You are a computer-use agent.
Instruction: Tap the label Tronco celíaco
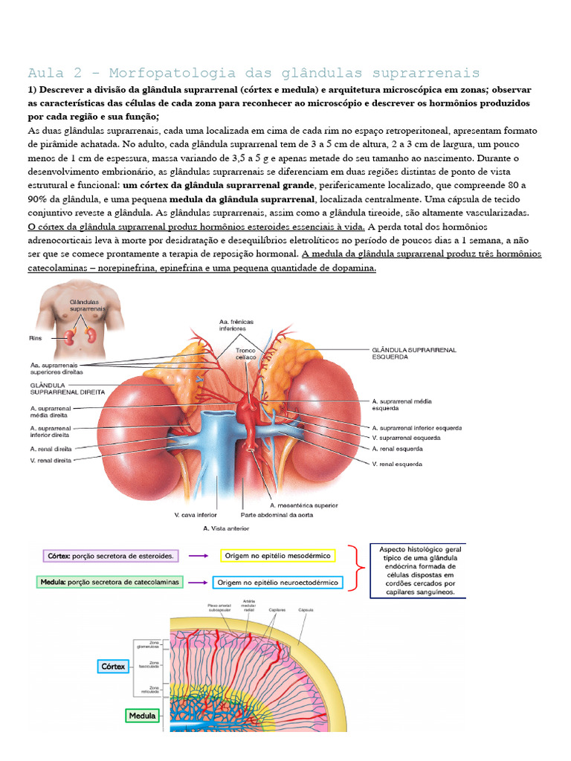pyautogui.click(x=245, y=353)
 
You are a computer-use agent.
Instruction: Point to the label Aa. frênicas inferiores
pyautogui.click(x=236, y=326)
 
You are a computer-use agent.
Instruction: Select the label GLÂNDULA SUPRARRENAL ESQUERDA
pyautogui.click(x=413, y=352)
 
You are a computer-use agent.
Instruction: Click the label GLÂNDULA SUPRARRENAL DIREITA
pyautogui.click(x=68, y=388)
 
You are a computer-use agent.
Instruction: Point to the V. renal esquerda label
pyautogui.click(x=397, y=464)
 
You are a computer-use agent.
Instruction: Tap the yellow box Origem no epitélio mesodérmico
pyautogui.click(x=277, y=555)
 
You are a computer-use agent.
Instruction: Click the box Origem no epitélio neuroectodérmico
pyautogui.click(x=277, y=583)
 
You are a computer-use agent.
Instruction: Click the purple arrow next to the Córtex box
pyautogui.click(x=197, y=555)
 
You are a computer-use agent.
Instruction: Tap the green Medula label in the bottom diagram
pyautogui.click(x=143, y=716)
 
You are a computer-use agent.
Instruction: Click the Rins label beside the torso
pyautogui.click(x=36, y=337)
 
